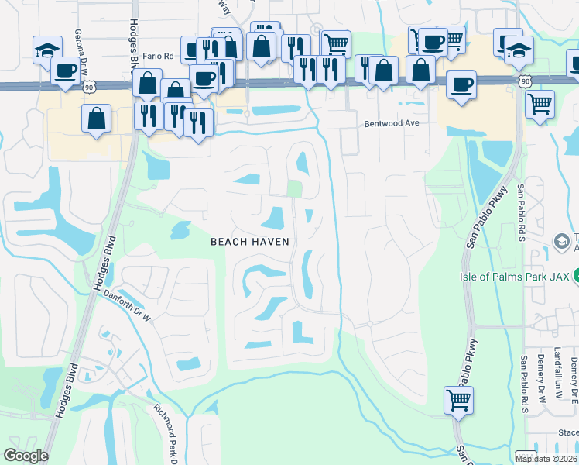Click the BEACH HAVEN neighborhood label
(x=251, y=242)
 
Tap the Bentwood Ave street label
(x=392, y=123)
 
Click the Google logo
(x=26, y=456)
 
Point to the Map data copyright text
(x=546, y=459)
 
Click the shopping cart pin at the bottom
(x=458, y=400)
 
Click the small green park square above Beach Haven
(x=294, y=189)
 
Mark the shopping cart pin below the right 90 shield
(x=540, y=102)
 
